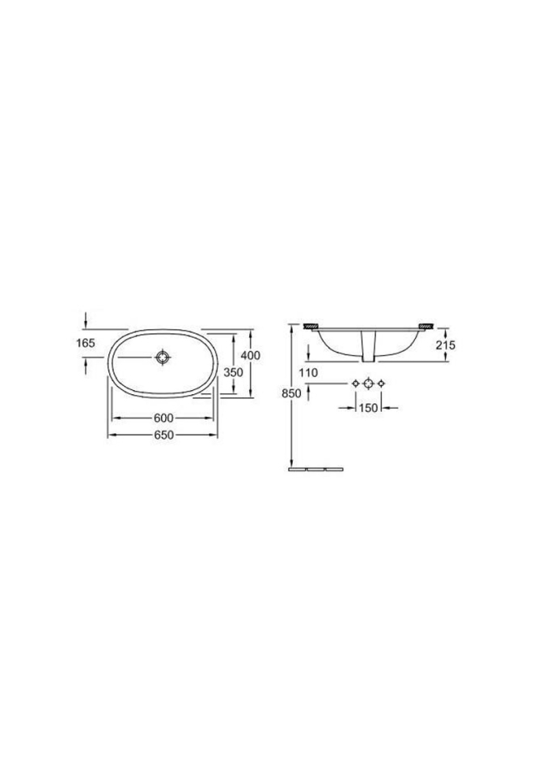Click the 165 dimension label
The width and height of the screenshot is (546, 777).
tap(87, 343)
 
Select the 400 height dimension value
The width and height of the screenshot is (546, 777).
tap(250, 355)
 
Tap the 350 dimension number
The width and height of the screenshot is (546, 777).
tap(233, 372)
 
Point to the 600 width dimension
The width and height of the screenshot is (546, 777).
tap(163, 418)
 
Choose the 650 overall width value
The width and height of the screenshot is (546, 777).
tap(163, 435)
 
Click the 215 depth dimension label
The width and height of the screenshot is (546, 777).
tap(446, 345)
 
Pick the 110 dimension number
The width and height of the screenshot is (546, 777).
tap(308, 372)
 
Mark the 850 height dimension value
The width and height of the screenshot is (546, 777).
tap(292, 394)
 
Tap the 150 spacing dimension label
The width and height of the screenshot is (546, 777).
tap(369, 408)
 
